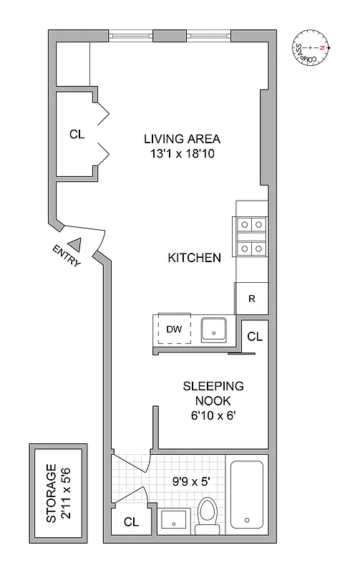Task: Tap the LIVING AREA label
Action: [182, 139]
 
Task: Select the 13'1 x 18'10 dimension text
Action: [182, 153]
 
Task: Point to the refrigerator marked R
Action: [252, 298]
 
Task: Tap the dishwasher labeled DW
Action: [174, 329]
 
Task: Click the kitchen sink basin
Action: [213, 329]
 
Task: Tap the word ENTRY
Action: [67, 256]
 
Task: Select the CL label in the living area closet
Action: [77, 134]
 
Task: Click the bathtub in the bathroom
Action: [247, 494]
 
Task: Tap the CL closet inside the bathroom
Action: [130, 522]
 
